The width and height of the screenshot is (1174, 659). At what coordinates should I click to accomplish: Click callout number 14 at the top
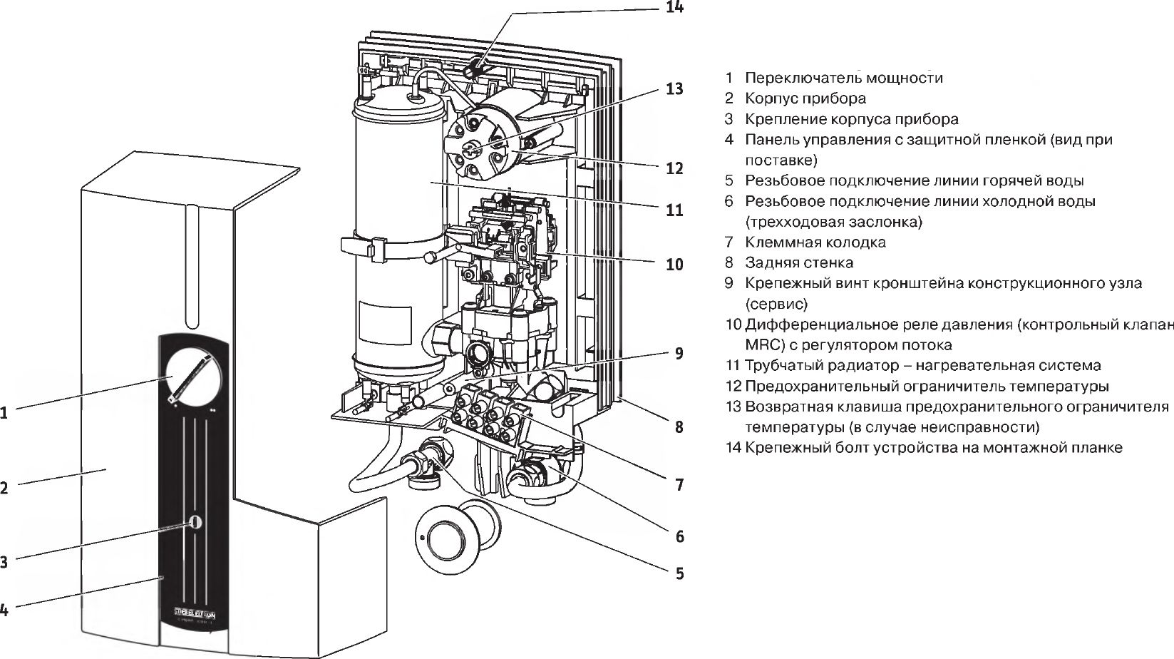[674, 8]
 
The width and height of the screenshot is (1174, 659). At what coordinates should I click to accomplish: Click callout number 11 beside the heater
[674, 210]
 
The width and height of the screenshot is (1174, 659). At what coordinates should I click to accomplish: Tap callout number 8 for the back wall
[679, 427]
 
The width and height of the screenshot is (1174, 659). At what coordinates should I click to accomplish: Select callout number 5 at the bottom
[679, 573]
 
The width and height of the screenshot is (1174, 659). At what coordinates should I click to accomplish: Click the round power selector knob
[193, 377]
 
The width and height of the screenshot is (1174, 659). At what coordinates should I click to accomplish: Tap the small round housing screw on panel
[195, 522]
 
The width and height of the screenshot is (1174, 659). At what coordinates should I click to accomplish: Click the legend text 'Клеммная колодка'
[815, 242]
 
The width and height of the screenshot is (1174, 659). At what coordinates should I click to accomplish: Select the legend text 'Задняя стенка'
[799, 262]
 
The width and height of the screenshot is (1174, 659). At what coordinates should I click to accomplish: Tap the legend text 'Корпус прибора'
[805, 98]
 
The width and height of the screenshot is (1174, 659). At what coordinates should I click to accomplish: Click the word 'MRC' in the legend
[763, 345]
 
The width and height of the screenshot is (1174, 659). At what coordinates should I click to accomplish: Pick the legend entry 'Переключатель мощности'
[843, 78]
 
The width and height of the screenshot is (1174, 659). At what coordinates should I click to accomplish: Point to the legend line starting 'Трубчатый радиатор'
[922, 366]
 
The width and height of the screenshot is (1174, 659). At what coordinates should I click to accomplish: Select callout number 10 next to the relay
[674, 265]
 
